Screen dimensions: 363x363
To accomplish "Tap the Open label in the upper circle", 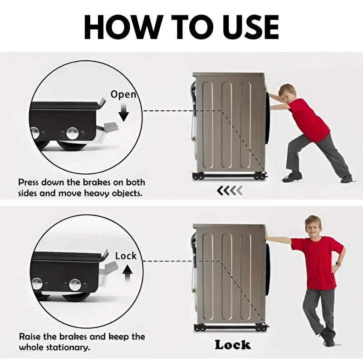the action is click(123, 94).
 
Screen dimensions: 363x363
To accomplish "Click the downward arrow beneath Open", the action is click(124, 112).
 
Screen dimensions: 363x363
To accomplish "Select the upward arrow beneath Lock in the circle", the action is click(127, 273).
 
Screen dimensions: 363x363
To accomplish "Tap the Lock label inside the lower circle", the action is click(126, 256).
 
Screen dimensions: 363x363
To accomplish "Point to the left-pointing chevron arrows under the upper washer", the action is click(230, 190).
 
